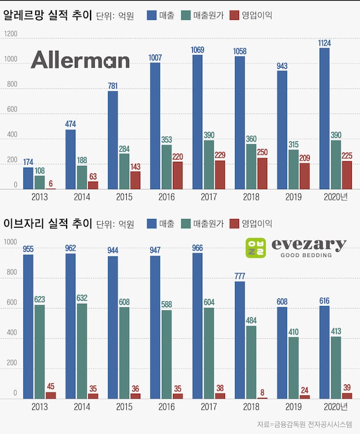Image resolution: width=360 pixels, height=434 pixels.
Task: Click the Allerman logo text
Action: pos(80,60)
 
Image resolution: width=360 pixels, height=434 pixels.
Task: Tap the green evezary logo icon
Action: pos(256,248)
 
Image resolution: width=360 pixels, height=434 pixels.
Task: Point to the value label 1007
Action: pos(155,57)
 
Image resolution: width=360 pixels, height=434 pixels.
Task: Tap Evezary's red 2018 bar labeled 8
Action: pos(262,398)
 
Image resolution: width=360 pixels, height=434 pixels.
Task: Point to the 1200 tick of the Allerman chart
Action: pos(10,34)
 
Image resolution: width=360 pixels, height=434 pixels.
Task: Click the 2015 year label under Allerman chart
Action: pos(124,197)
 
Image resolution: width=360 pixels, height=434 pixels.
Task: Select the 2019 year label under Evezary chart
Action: pos(293,407)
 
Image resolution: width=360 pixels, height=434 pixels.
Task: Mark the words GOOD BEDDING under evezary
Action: pos(306,255)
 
